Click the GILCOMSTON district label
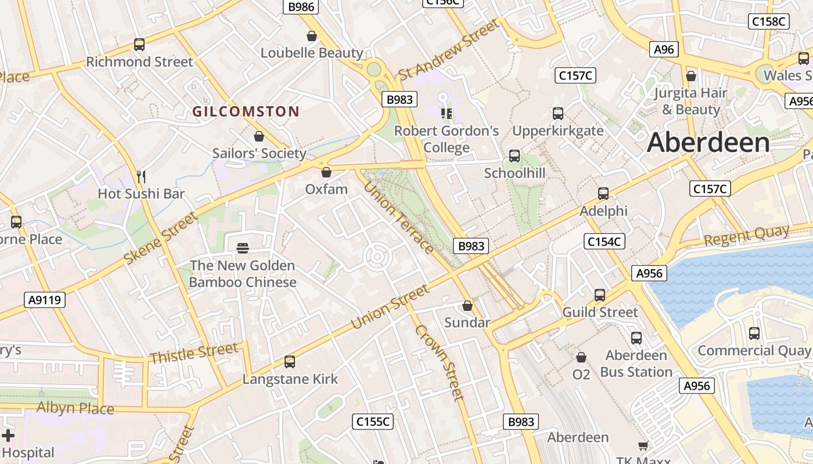coord(246,111)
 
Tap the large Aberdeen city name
coord(708,143)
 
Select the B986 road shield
coord(301,7)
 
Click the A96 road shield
coord(664,49)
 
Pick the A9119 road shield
coord(45,300)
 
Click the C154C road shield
coord(604,242)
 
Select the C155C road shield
coord(373,422)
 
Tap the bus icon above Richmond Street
coord(139,45)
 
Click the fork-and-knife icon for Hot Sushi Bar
coord(141,176)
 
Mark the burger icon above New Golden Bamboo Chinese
coord(243,248)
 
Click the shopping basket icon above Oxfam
coord(326,172)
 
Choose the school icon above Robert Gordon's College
coord(446,114)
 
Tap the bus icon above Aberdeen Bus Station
coord(636,338)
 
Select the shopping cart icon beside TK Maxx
coord(643,445)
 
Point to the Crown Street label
coord(440,362)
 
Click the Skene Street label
coord(161,239)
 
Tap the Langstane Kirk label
coord(290,379)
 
